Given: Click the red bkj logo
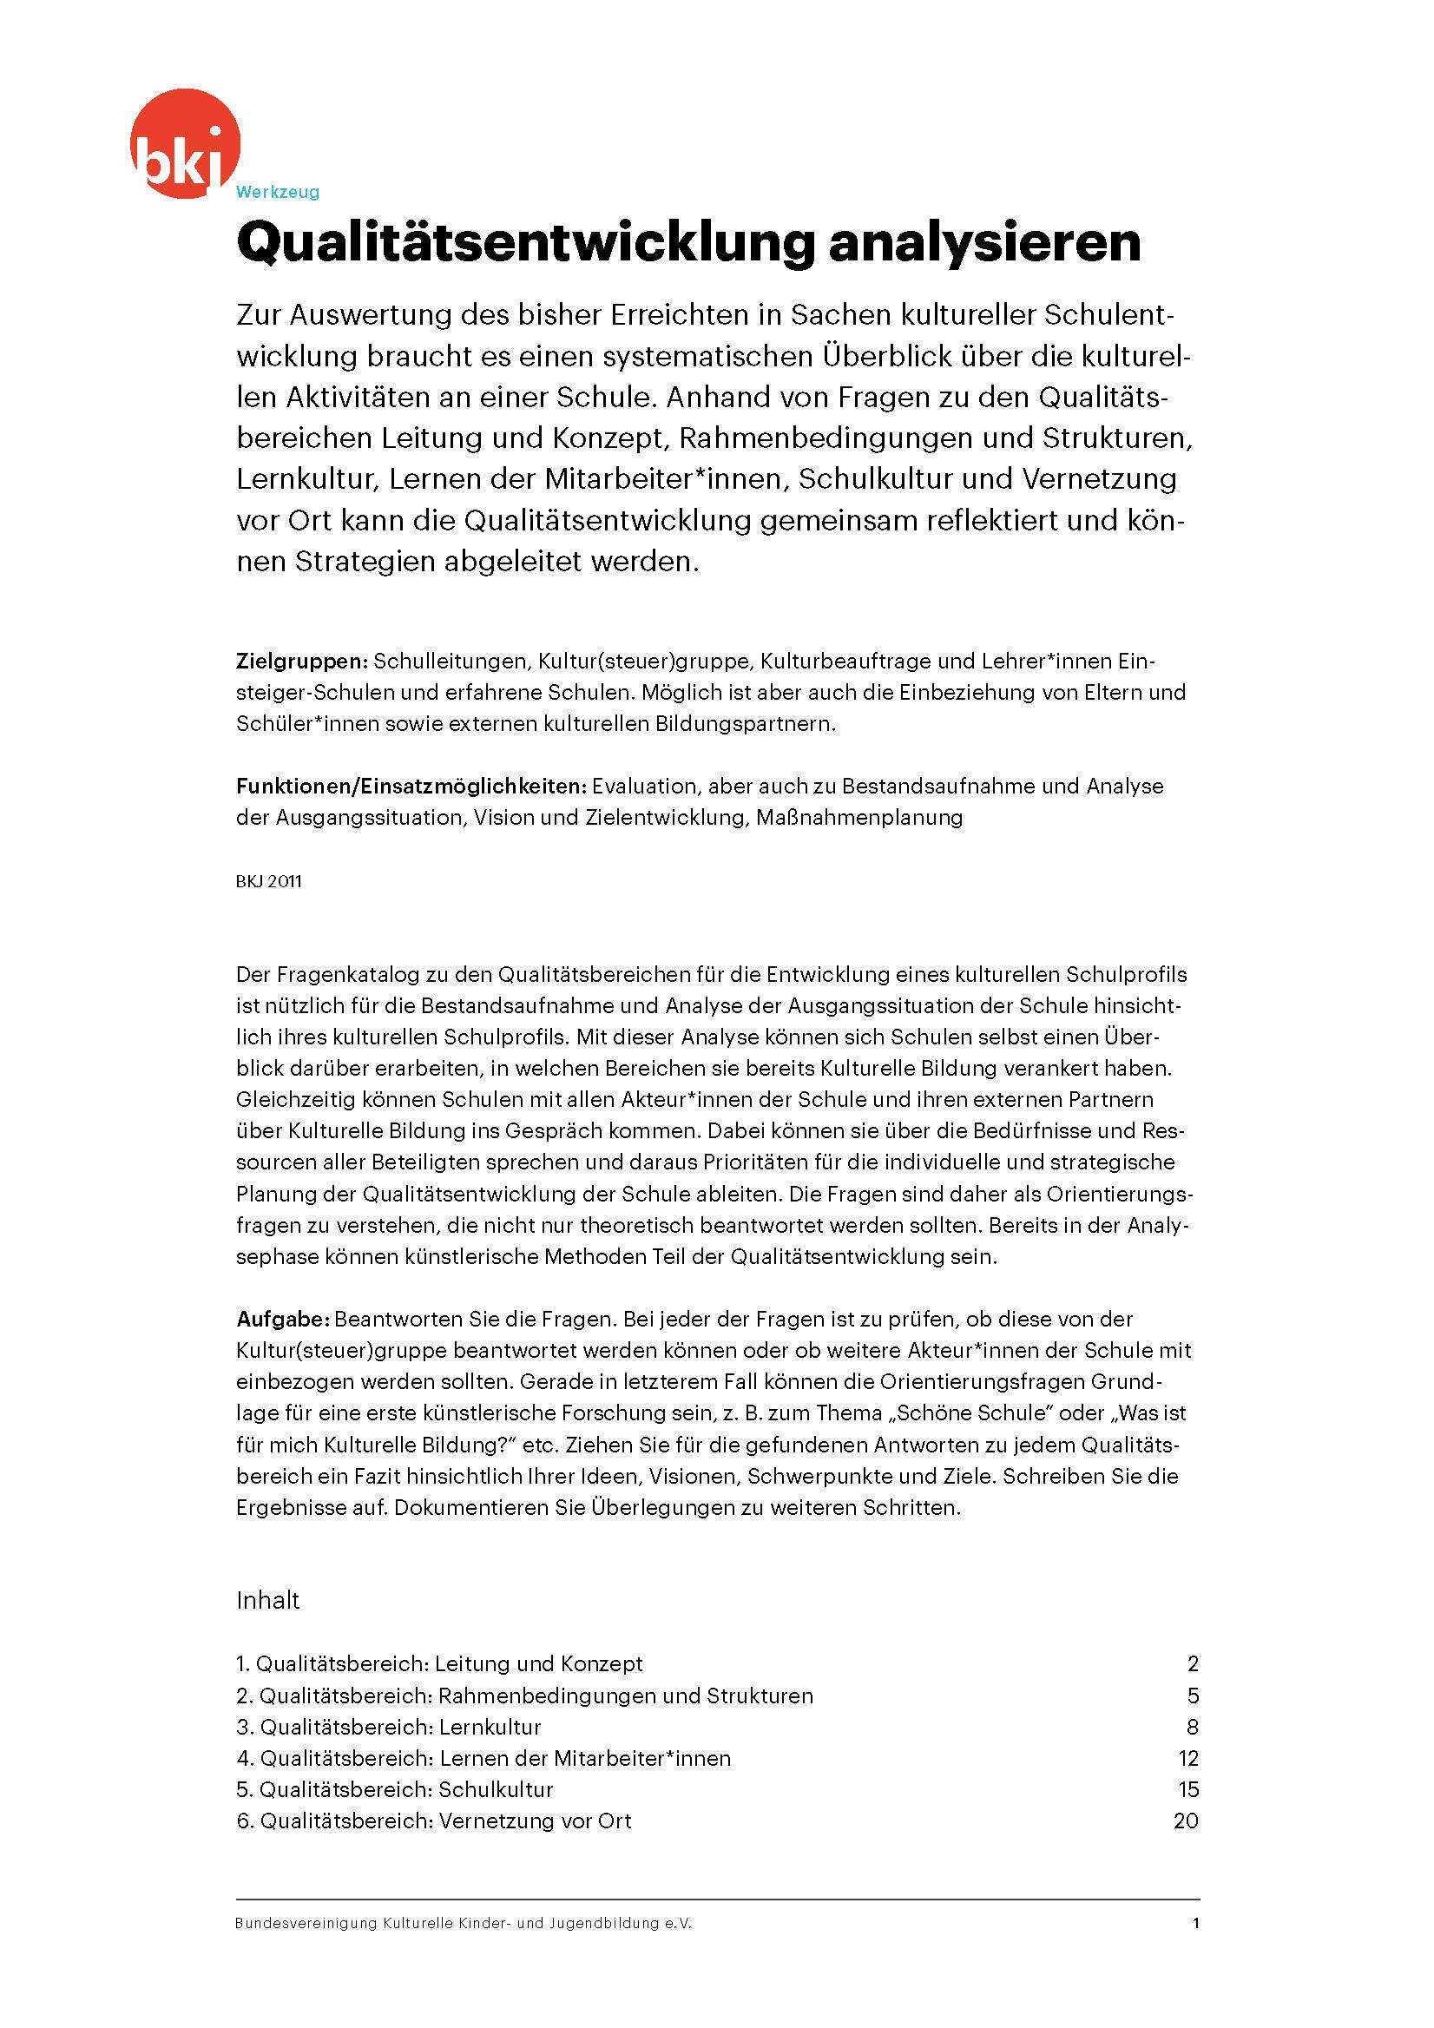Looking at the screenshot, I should point(185,143).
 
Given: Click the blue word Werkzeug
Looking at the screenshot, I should point(277,192).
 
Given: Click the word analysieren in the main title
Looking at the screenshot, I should point(983,242).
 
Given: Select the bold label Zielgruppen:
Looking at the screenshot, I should point(301,661).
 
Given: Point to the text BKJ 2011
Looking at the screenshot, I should point(268,880).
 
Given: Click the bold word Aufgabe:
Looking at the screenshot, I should point(283,1319).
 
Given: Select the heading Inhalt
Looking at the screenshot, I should point(267,1600).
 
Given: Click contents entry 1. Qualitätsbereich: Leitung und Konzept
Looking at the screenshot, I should point(439,1663).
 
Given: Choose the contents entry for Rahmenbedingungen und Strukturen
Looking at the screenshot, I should point(523,1695).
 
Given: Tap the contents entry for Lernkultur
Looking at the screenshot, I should point(389,1726).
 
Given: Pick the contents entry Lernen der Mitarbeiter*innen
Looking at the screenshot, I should point(483,1758).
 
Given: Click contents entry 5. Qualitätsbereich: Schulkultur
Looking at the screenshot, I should point(394,1788).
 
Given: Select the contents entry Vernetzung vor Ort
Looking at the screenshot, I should point(433,1821).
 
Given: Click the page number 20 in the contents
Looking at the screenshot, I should point(1185,1821).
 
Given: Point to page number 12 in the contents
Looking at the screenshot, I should point(1187,1758).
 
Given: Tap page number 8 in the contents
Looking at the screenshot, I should point(1192,1726).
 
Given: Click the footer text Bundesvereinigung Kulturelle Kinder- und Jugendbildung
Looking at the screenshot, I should point(463,1923).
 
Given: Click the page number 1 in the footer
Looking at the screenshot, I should point(1195,1923).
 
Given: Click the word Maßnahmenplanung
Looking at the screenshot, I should point(859,817).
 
